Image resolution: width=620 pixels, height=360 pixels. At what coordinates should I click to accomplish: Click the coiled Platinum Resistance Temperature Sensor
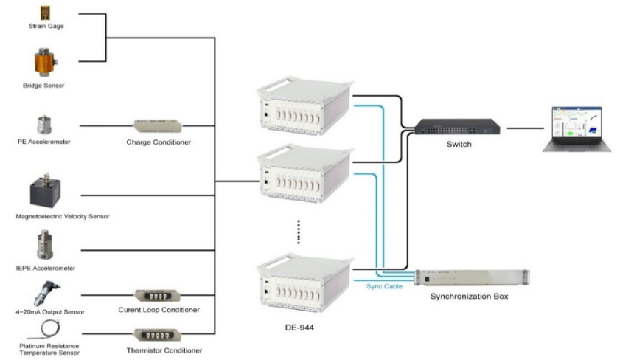(x=46, y=328)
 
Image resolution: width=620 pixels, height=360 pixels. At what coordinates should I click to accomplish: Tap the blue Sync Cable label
(x=384, y=286)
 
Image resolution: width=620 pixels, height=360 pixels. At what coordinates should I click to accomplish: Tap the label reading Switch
(x=459, y=145)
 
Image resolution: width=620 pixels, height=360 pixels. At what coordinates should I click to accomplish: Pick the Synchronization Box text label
(x=469, y=297)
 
